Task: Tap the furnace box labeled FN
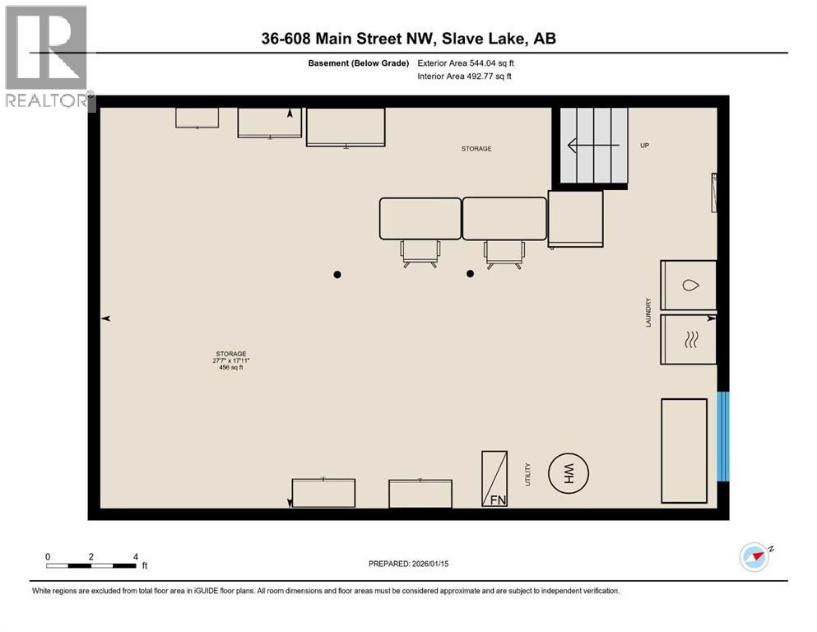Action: [x=494, y=478]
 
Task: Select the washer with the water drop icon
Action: [x=689, y=286]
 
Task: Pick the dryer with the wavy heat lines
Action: [x=689, y=339]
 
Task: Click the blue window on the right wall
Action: [x=723, y=436]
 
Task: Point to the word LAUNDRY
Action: [x=649, y=313]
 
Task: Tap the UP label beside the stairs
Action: [x=645, y=145]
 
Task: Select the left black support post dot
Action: [x=337, y=274]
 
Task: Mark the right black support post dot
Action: [x=470, y=274]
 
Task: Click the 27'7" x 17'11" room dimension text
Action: [x=231, y=360]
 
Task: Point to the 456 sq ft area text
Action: [x=231, y=368]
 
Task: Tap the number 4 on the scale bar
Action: [x=135, y=556]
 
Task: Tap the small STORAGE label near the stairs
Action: [x=476, y=149]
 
